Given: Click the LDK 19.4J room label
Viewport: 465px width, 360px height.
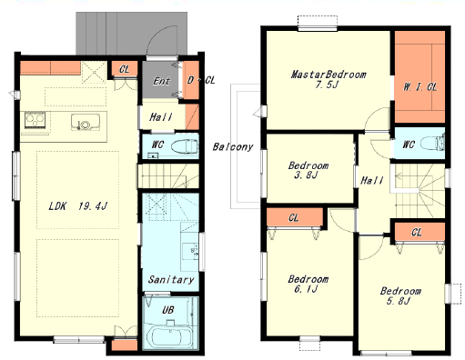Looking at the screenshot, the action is (x=77, y=206).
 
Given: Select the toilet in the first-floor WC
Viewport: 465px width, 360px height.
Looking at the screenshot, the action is (x=185, y=147).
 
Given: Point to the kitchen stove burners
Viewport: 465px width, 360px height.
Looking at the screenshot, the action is (x=35, y=119).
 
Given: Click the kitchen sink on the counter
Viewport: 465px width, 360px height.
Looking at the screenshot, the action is (x=86, y=122).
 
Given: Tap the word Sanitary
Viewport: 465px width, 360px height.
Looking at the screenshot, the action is (x=171, y=279).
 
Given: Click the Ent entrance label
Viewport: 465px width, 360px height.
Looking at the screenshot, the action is (x=161, y=81).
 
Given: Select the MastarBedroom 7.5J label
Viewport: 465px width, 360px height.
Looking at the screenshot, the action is (x=329, y=79).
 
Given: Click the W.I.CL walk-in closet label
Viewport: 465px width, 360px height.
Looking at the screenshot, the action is (x=420, y=87).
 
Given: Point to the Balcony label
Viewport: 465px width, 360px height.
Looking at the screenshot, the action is (x=233, y=146).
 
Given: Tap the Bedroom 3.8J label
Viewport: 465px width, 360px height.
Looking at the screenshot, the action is (x=308, y=170).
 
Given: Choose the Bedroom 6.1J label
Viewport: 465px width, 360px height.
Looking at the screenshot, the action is (x=308, y=284).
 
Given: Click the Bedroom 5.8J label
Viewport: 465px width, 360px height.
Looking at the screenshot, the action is (x=400, y=295).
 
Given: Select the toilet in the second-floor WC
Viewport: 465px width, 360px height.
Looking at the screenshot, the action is (x=432, y=143).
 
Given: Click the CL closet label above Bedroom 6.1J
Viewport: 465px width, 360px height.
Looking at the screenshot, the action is (x=294, y=217).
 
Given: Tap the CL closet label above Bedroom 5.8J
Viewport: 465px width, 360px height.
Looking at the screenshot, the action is (x=416, y=233).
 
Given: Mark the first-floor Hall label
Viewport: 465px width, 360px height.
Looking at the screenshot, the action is (x=161, y=117).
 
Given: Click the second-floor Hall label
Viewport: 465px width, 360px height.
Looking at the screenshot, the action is (x=372, y=181).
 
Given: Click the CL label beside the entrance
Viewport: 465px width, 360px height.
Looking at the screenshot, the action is (x=125, y=69).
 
